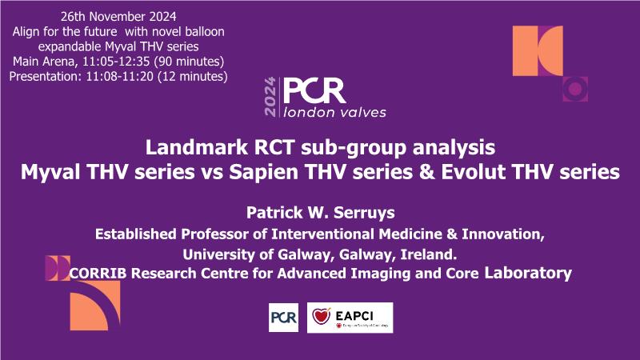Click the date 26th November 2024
click(118, 17)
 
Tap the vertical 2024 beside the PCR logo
click(270, 97)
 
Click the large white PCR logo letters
click(314, 91)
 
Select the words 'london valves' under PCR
click(334, 112)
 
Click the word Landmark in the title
click(196, 147)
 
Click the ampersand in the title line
click(427, 172)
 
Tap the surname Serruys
click(364, 213)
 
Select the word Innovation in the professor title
click(503, 234)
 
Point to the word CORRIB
click(98, 273)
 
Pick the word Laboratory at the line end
click(528, 273)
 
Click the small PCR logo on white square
click(284, 318)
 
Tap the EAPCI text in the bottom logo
click(354, 315)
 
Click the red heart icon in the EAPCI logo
click(322, 316)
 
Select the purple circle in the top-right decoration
click(574, 89)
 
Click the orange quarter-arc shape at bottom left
click(95, 306)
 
